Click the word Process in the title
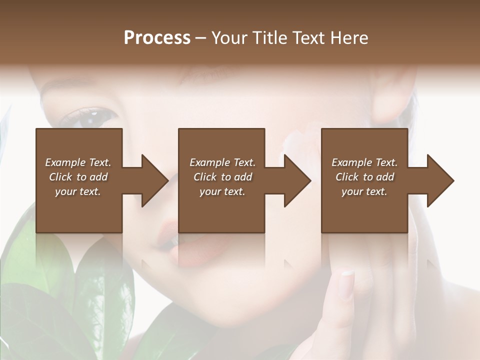157,38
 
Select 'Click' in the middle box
204,177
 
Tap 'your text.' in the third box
364,191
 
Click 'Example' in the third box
351,162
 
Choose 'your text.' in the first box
78,191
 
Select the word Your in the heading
229,38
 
